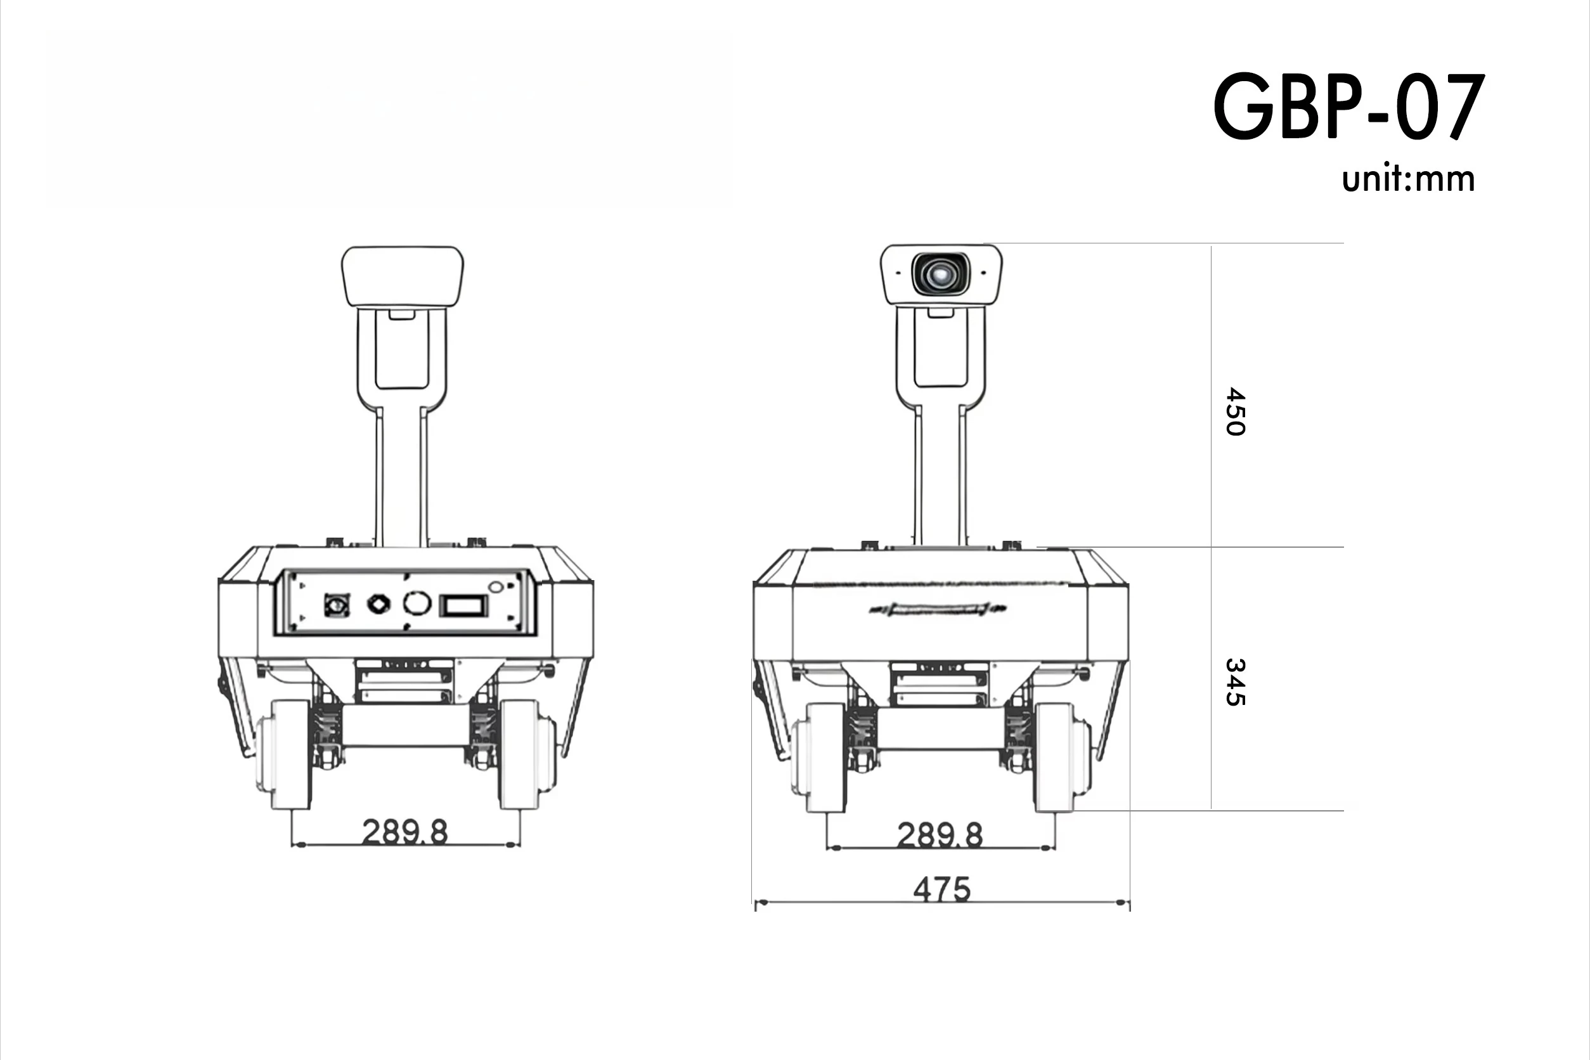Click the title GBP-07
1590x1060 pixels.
click(x=1348, y=107)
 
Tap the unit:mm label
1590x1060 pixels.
click(x=1407, y=179)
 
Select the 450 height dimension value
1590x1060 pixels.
click(x=1235, y=411)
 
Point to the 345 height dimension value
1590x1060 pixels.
click(x=1235, y=682)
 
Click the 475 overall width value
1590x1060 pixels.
click(x=941, y=889)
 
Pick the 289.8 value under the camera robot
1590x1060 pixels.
click(x=940, y=835)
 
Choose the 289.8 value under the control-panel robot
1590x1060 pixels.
click(x=405, y=832)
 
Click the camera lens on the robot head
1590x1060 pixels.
click(x=940, y=274)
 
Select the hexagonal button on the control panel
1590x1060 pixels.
click(x=378, y=604)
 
